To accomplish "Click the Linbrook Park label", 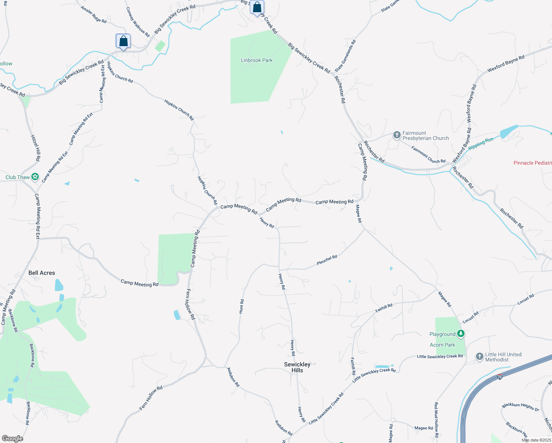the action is pyautogui.click(x=256, y=60).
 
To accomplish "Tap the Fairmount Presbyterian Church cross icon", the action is pyautogui.click(x=397, y=135).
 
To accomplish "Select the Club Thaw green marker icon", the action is pyautogui.click(x=35, y=177).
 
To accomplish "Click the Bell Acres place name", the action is pyautogui.click(x=42, y=273).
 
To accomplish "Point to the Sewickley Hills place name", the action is pyautogui.click(x=297, y=367).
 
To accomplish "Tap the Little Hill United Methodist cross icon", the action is pyautogui.click(x=479, y=356).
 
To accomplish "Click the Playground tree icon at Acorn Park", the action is pyautogui.click(x=460, y=334).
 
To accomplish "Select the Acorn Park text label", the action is pyautogui.click(x=442, y=345).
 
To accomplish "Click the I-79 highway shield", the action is pyautogui.click(x=499, y=377).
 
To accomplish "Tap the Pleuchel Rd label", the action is pyautogui.click(x=327, y=260).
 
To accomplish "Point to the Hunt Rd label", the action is pyautogui.click(x=241, y=306).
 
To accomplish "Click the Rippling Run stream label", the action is pyautogui.click(x=481, y=143).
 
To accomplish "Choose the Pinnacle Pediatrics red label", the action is pyautogui.click(x=532, y=163).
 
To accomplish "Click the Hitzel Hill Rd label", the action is pyautogui.click(x=36, y=148).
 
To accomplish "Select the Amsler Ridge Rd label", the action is pyautogui.click(x=94, y=15).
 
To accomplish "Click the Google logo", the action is pyautogui.click(x=12, y=439).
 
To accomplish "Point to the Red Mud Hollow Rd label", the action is pyautogui.click(x=436, y=420).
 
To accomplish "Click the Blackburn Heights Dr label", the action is pyautogui.click(x=520, y=407).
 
